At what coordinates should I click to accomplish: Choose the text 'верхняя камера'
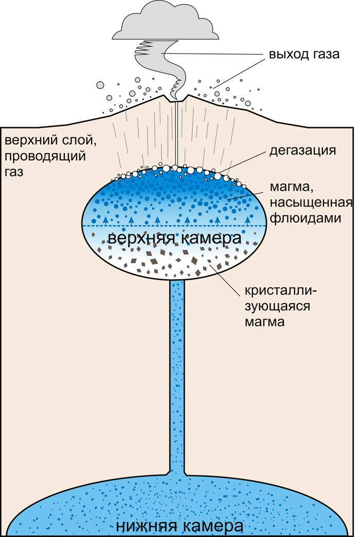click(174, 239)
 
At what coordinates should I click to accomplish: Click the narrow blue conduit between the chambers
click(177, 375)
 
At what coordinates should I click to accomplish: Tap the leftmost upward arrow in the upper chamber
click(105, 220)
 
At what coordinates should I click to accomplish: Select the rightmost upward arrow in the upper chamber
click(248, 220)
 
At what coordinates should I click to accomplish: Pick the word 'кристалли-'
click(279, 291)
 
